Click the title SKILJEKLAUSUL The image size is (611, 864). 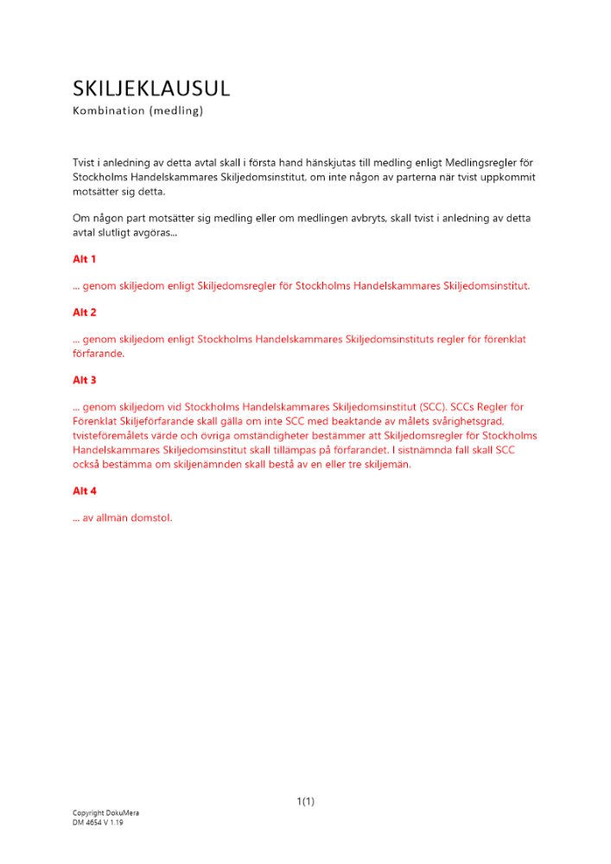click(151, 88)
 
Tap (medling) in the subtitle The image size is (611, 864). click(175, 111)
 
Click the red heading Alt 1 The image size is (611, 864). click(84, 258)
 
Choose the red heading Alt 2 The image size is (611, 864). click(84, 312)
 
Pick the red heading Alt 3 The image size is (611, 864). click(84, 379)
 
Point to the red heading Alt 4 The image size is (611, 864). click(84, 491)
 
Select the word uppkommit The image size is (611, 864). click(510, 177)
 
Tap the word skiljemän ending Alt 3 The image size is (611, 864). click(385, 464)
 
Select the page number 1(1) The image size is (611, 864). click(305, 802)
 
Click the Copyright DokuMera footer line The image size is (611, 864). click(105, 813)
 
